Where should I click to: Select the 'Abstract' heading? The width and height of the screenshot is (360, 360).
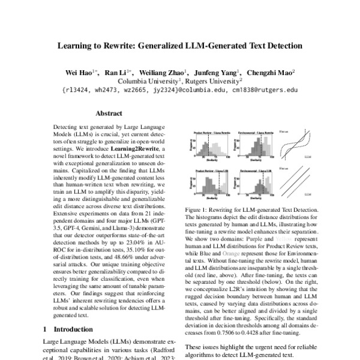[109, 114]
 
